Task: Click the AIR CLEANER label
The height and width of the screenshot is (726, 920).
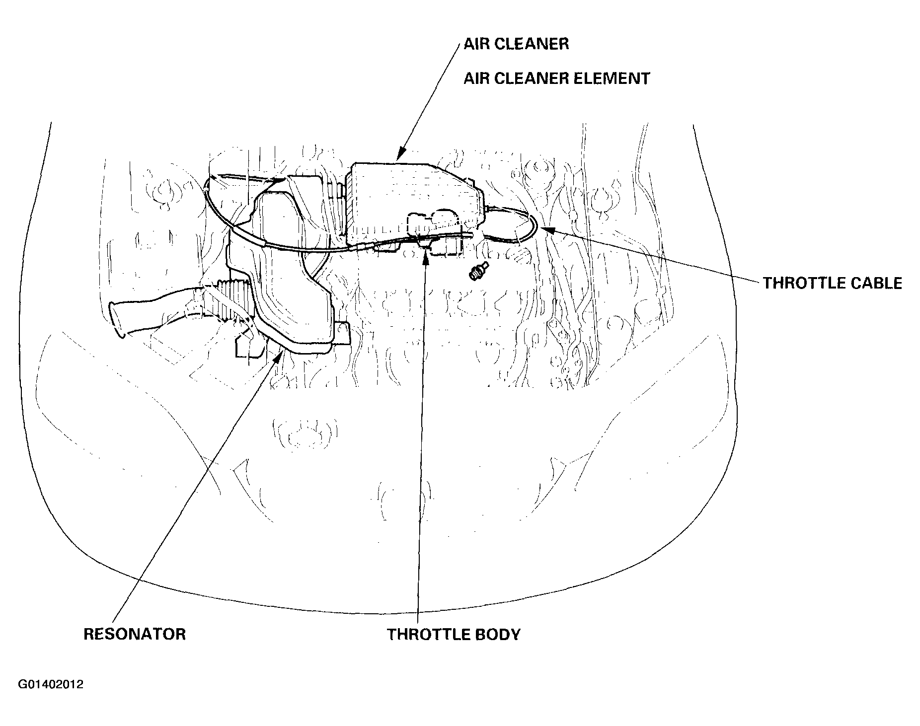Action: click(516, 44)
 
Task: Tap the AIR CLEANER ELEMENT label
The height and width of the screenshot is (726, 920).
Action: click(556, 78)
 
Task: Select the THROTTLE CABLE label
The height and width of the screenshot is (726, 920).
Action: click(833, 283)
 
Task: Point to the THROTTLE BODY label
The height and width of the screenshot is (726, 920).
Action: click(454, 634)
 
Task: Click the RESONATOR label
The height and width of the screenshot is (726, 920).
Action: click(135, 634)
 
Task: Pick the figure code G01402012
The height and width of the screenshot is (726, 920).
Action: click(51, 685)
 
